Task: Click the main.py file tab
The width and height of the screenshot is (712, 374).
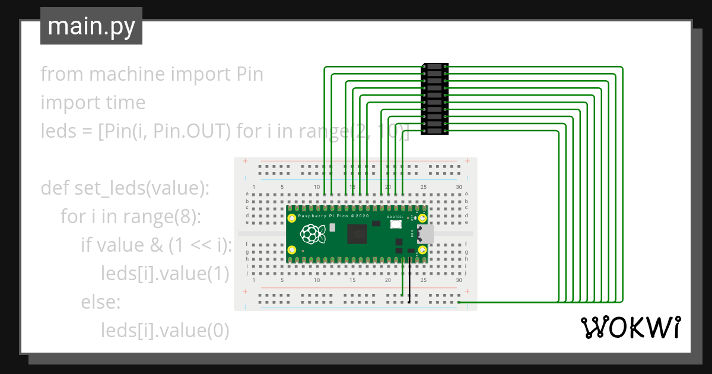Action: tap(91, 26)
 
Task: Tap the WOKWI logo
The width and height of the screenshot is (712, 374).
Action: tap(630, 328)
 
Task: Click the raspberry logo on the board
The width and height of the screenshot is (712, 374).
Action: tap(310, 234)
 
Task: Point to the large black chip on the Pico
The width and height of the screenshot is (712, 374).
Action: tap(357, 234)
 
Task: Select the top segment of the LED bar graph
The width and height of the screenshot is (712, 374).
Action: tap(434, 66)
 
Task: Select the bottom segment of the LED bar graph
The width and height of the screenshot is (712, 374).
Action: tap(434, 131)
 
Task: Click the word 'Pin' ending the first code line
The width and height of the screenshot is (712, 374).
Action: tap(249, 74)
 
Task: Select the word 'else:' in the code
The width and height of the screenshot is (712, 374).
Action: tap(101, 302)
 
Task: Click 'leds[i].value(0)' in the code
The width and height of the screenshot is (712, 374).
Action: tap(165, 331)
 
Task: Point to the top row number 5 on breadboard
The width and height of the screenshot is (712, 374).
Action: tap(282, 188)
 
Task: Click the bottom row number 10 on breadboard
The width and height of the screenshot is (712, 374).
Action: tap(317, 280)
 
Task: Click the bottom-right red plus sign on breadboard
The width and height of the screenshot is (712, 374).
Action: tap(468, 291)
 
